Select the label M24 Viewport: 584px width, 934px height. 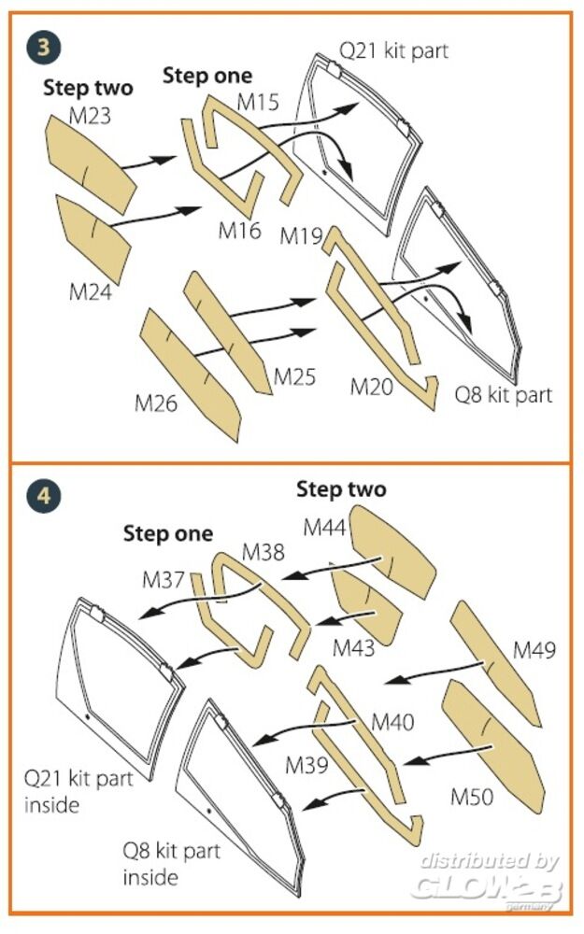(x=91, y=291)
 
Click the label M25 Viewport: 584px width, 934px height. (x=294, y=377)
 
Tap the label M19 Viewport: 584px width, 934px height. (x=301, y=237)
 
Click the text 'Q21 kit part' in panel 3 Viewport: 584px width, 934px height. (x=392, y=50)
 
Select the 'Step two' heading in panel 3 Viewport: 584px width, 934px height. (x=88, y=89)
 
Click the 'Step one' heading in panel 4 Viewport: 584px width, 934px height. (x=168, y=534)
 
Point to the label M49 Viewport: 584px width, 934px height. (x=534, y=650)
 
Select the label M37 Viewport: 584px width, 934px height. (x=164, y=579)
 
